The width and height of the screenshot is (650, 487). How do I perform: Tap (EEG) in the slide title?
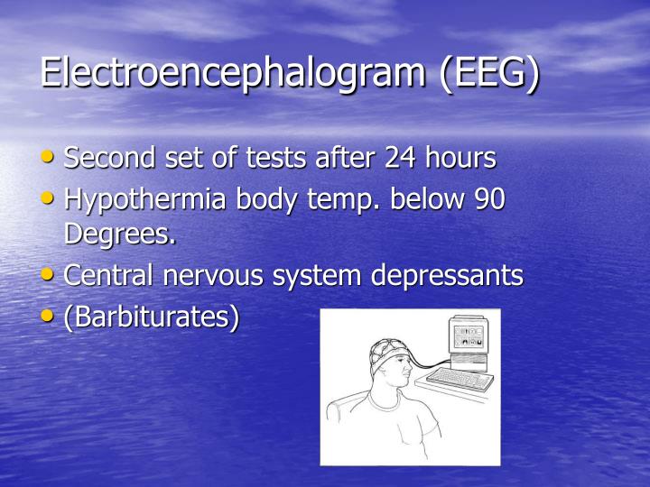pos(489,73)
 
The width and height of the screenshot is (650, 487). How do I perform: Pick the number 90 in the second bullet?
pos(488,199)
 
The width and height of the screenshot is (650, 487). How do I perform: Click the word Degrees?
pos(119,234)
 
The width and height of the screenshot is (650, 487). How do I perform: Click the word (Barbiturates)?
pos(152,317)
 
